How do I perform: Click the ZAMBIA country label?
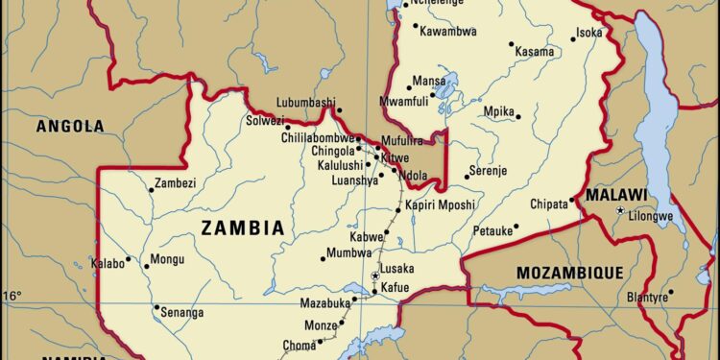coord(242,228)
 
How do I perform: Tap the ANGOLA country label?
coord(69,126)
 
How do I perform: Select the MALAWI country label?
coord(616,194)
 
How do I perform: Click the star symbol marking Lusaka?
coord(375,276)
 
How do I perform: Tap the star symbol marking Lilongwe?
coord(620,210)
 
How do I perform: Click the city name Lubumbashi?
coord(305,103)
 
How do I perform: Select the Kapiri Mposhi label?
coord(440,204)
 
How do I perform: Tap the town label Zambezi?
coord(176,182)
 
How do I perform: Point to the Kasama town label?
coord(534,51)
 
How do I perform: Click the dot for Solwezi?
coord(287,127)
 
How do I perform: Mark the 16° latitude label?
coord(11,296)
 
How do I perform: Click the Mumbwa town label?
coord(348,252)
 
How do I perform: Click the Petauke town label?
coord(492,231)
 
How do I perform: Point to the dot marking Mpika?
coord(518,117)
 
